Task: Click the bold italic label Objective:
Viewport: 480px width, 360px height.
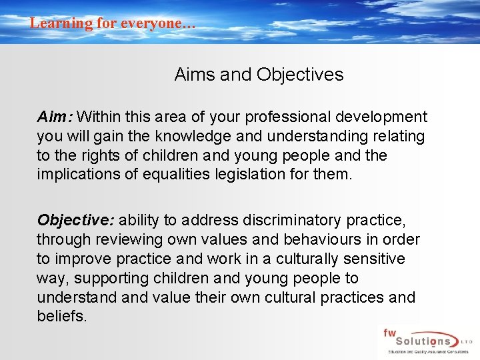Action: pyautogui.click(x=75, y=220)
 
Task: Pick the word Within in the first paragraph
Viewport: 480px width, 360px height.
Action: pyautogui.click(x=101, y=117)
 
